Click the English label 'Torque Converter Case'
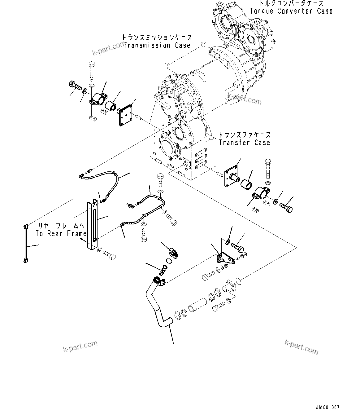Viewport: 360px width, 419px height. [x=291, y=11]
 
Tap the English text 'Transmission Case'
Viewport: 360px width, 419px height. [x=157, y=46]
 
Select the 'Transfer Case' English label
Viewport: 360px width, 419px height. [x=244, y=143]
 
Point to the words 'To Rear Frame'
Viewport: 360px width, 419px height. [x=61, y=234]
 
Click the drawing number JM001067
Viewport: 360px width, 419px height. [x=328, y=408]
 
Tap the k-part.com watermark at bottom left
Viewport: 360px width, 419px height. [x=80, y=346]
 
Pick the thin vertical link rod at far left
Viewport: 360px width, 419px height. [x=25, y=244]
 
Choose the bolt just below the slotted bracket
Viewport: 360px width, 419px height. [x=108, y=255]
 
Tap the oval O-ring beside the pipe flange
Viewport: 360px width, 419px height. [x=238, y=281]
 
